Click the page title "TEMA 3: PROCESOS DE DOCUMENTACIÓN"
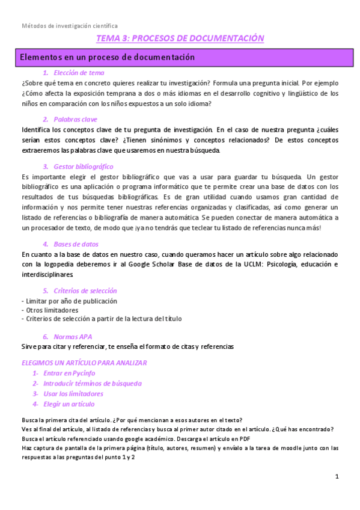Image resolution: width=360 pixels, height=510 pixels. click(180, 38)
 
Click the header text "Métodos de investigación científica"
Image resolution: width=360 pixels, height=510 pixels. click(70, 26)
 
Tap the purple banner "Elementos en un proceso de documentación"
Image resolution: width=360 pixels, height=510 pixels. click(108, 58)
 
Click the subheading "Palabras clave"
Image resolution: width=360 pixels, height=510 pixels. click(75, 119)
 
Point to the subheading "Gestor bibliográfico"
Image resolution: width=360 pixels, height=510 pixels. click(83, 167)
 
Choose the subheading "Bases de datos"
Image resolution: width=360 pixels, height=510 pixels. click(76, 244)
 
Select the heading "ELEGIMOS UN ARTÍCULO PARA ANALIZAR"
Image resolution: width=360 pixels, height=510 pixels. click(84, 363)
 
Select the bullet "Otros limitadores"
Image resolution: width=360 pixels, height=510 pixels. click(52, 310)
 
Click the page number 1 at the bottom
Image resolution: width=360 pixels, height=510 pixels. click(337, 477)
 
